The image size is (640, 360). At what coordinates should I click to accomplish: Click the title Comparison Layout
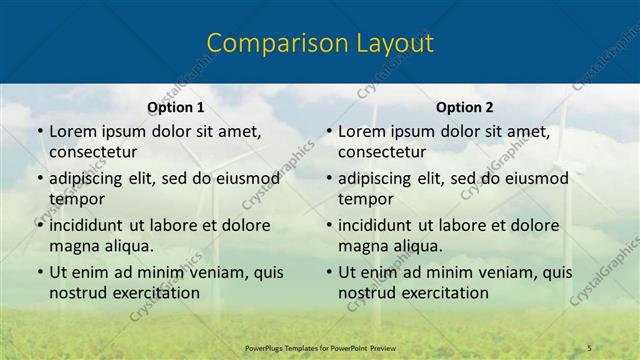320,43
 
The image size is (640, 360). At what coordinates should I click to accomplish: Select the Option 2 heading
464,107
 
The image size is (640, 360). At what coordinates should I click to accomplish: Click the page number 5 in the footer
590,347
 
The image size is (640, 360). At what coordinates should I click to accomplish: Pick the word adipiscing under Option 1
92,179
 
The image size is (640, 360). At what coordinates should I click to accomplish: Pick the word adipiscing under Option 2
381,179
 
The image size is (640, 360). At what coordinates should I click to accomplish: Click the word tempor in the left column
76,199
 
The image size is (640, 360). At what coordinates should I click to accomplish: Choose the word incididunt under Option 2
383,225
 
